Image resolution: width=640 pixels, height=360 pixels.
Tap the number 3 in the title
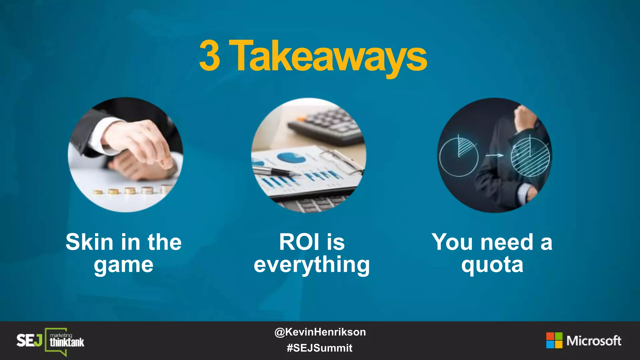(x=210, y=56)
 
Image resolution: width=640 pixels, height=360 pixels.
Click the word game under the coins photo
(x=124, y=265)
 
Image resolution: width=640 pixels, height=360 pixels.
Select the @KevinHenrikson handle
(x=320, y=332)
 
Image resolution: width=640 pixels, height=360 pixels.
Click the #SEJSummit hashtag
(x=319, y=348)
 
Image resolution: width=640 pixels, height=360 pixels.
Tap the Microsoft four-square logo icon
(x=554, y=340)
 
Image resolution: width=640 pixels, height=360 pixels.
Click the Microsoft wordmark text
(x=594, y=341)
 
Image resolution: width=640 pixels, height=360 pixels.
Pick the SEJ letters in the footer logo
(x=29, y=340)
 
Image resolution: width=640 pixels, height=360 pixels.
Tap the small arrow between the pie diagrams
(x=496, y=155)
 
